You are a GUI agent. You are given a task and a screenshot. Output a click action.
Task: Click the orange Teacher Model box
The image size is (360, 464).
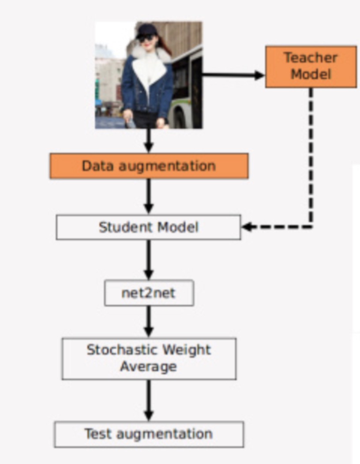point(311,66)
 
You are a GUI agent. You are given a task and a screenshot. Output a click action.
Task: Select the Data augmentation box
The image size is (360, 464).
point(149,166)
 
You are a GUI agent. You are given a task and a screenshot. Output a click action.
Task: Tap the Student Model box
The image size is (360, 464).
point(148,227)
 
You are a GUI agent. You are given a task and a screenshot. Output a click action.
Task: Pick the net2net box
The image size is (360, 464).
point(149,293)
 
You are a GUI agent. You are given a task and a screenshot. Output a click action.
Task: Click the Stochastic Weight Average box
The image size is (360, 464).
point(149,358)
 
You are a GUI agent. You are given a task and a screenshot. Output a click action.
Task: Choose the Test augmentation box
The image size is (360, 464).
point(149,434)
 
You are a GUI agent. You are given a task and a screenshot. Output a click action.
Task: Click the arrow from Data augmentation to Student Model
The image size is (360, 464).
point(149,196)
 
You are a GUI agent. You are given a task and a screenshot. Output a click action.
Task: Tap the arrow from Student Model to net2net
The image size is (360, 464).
point(149,260)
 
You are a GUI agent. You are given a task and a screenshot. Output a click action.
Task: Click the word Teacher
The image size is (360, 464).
point(311,58)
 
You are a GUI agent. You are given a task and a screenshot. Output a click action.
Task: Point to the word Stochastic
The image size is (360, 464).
point(118,350)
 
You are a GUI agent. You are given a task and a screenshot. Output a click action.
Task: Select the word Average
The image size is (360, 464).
point(149,367)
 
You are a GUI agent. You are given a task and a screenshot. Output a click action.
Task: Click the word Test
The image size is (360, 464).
point(97,434)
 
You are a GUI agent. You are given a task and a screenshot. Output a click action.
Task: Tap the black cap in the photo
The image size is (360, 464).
point(146,30)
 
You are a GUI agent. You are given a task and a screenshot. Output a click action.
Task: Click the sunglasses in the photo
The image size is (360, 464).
point(146,38)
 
